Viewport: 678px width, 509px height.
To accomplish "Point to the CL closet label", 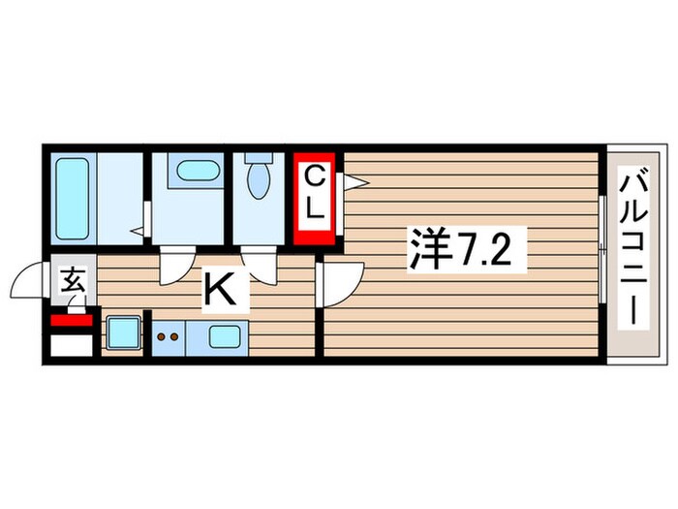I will pyautogui.click(x=316, y=193).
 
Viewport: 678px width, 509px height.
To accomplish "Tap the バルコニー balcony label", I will pyautogui.click(x=635, y=251).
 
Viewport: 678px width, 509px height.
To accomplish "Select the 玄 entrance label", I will pyautogui.click(x=73, y=283).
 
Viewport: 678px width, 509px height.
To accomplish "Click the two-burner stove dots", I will pyautogui.click(x=169, y=338).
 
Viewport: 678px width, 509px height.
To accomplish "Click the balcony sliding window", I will pyautogui.click(x=603, y=250).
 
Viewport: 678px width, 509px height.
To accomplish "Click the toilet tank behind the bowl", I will pyautogui.click(x=259, y=159).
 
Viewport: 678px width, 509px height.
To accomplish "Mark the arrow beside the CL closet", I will pyautogui.click(x=351, y=180).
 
